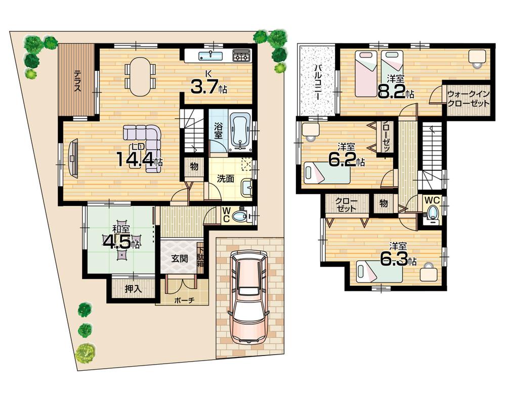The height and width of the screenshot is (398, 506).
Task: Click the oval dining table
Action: point(140,76)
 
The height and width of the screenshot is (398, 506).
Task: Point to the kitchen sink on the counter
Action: point(208,55)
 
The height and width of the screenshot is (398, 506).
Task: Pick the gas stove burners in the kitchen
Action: point(241,55)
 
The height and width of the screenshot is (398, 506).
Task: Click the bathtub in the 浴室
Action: point(240,132)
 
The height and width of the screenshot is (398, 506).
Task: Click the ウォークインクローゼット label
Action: point(469,98)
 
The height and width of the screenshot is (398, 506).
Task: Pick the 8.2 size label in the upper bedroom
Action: point(396,92)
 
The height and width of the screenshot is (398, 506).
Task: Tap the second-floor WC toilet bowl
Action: point(432,212)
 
